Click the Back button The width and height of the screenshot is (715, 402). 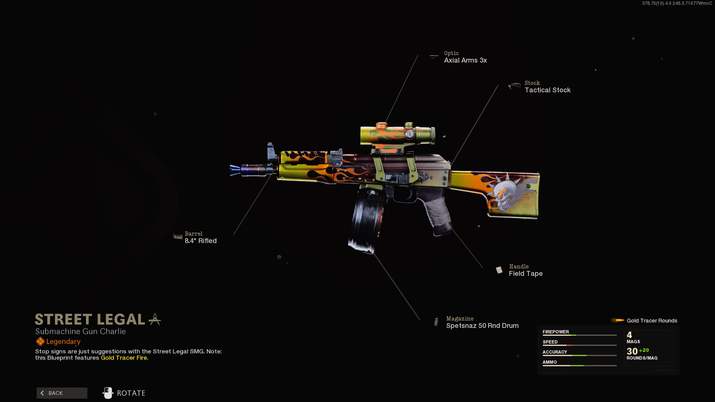tap(62, 393)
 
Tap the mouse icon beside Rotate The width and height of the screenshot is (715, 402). tap(108, 393)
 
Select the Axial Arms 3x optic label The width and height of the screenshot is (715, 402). tap(465, 60)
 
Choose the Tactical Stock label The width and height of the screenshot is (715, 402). tap(547, 90)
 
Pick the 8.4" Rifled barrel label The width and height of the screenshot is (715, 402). tap(200, 241)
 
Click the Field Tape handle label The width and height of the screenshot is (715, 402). tap(525, 274)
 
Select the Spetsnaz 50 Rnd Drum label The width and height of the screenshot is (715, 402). tap(482, 326)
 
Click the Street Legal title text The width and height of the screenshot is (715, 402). tap(90, 319)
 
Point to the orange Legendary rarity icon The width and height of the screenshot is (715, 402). tap(40, 341)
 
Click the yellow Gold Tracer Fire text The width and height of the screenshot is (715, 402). tap(124, 358)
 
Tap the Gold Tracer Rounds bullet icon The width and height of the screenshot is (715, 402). tap(617, 320)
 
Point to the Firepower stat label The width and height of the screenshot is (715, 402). tap(556, 332)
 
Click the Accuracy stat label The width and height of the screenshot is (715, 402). tap(554, 352)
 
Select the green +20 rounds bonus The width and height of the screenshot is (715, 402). tap(644, 350)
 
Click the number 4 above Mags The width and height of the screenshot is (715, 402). tap(629, 335)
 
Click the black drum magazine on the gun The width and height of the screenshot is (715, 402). tap(365, 220)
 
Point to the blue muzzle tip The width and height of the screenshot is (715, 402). tap(236, 170)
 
